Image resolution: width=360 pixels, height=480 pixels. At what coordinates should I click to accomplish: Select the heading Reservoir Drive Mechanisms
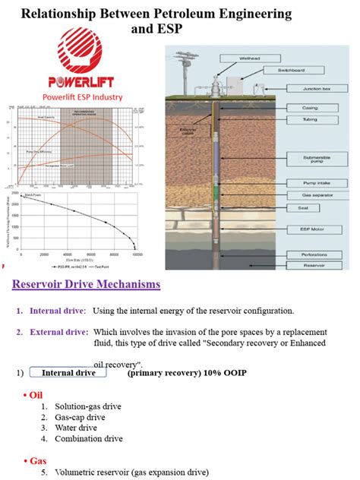pyautogui.click(x=87, y=285)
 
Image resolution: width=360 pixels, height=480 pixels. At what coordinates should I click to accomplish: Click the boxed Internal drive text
pyautogui.click(x=68, y=373)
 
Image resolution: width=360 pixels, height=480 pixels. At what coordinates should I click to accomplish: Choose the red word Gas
pyautogui.click(x=36, y=460)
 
